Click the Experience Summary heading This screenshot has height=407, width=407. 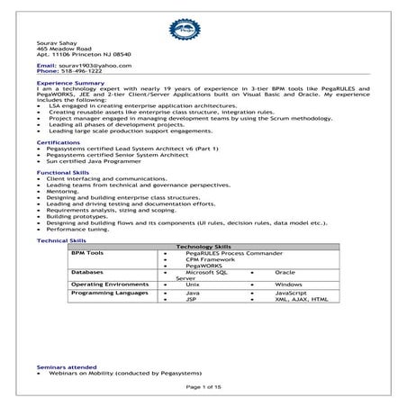tap(68, 81)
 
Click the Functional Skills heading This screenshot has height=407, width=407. tap(65, 171)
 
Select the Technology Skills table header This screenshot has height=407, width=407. tap(203, 246)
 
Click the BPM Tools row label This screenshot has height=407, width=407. tap(88, 253)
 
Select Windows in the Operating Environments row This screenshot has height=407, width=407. tap(288, 285)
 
